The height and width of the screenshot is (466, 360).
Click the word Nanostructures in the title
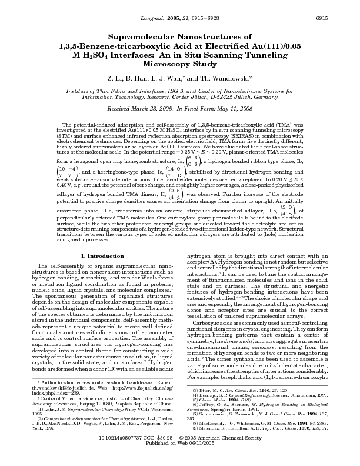click(x=227, y=37)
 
